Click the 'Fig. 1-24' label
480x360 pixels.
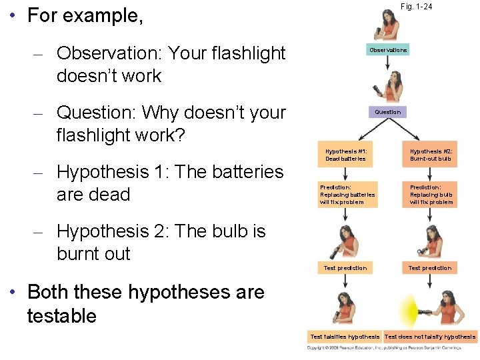pos(416,7)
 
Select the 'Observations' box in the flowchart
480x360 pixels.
pos(388,50)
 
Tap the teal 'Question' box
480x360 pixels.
pos(387,112)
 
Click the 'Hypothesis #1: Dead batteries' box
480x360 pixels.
pos(345,155)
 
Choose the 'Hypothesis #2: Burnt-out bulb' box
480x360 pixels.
pos(431,155)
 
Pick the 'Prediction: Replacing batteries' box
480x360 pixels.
pos(347,195)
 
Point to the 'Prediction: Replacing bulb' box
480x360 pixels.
pos(431,195)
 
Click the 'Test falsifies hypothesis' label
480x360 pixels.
pos(345,337)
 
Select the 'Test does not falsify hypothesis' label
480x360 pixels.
pos(430,337)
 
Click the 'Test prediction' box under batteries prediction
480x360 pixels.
pos(345,268)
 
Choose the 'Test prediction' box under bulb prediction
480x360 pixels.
pos(430,268)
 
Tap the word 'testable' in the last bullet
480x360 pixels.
pos(61,315)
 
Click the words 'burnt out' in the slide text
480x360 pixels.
pos(93,254)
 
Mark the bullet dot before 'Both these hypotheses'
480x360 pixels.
pos(13,292)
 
